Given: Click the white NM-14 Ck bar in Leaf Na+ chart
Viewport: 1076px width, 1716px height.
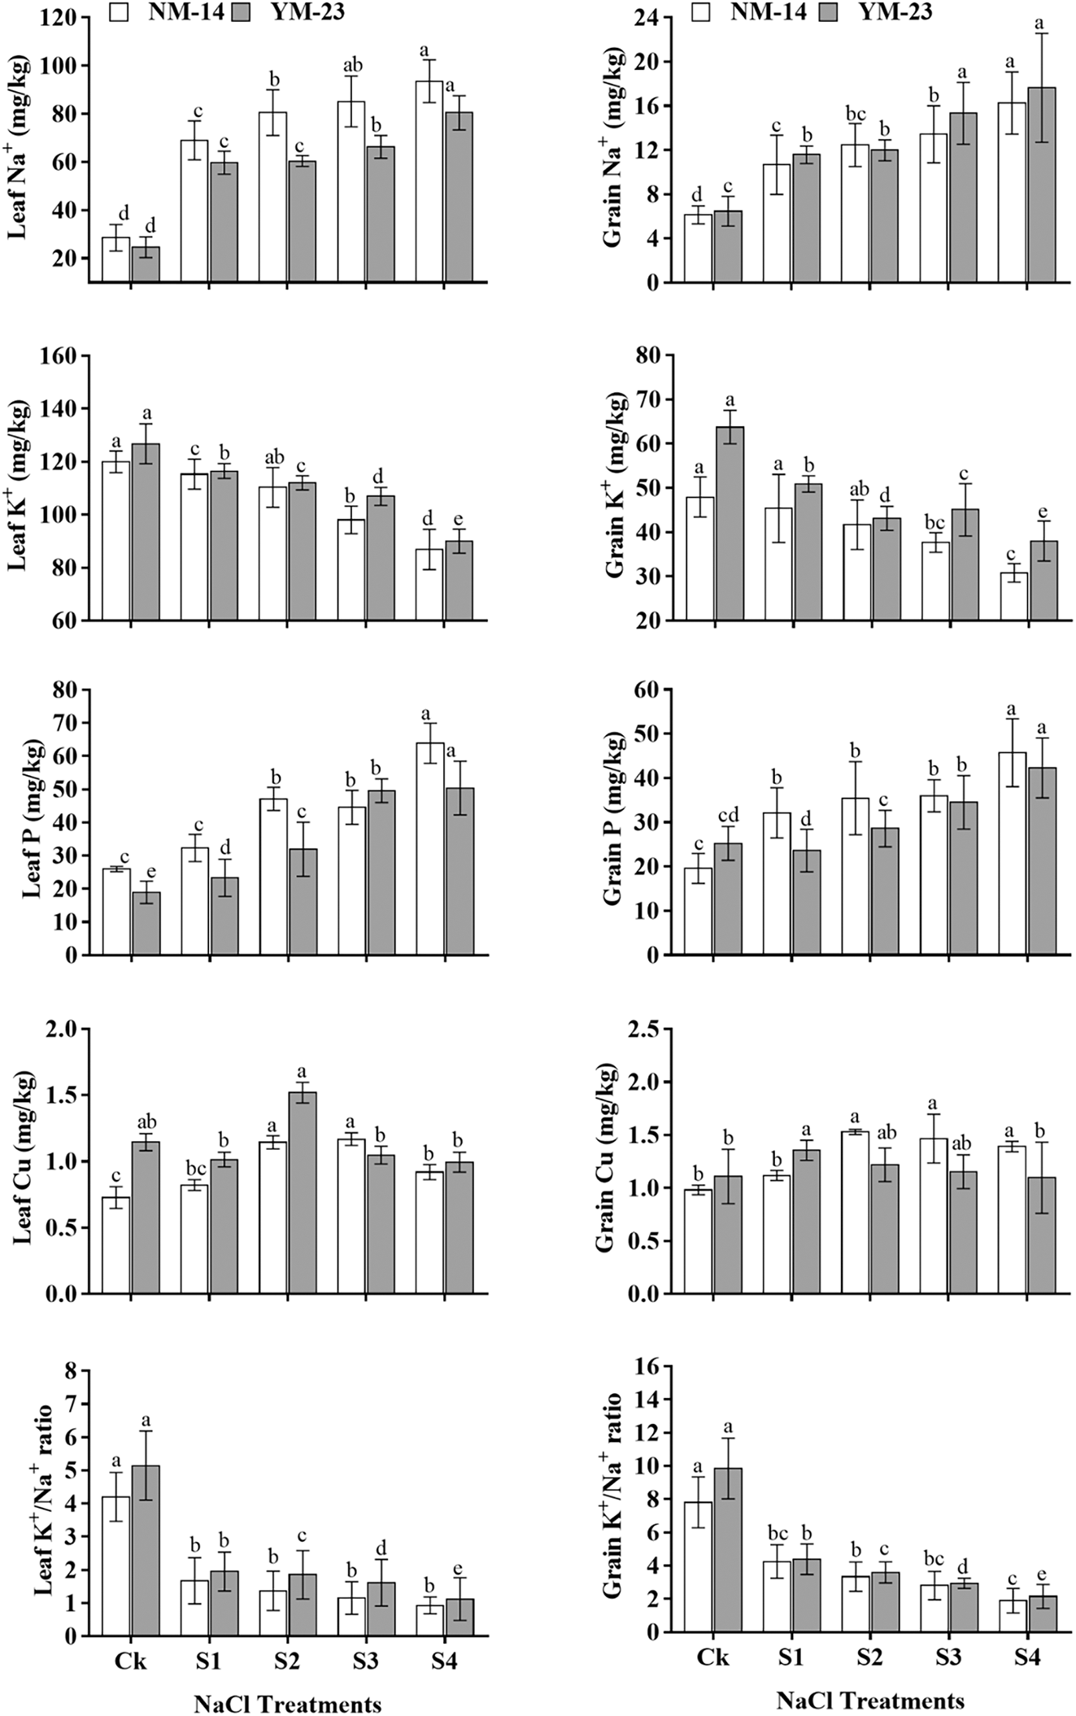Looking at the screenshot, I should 115,259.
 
